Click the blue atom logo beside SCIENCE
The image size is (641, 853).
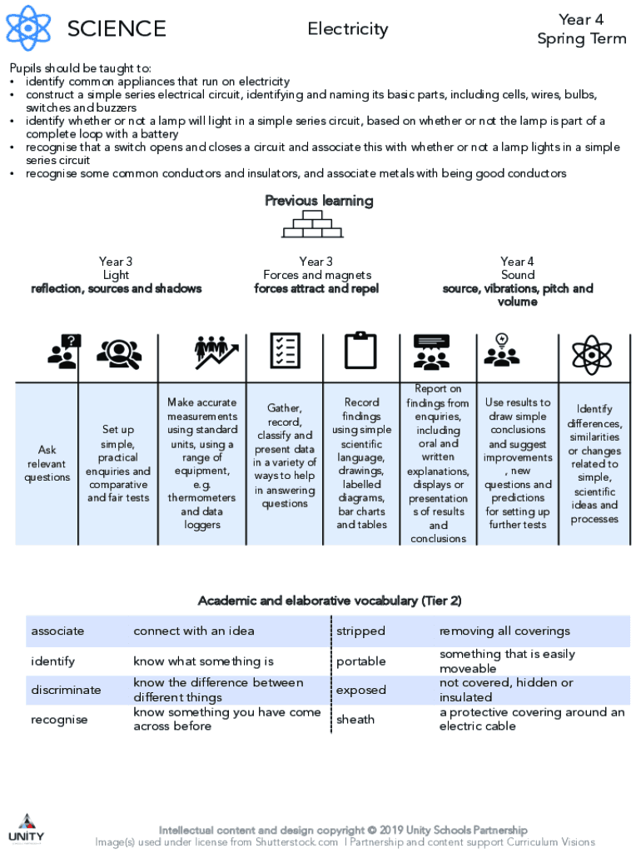[28, 27]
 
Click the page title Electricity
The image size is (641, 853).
[348, 28]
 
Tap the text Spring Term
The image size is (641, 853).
[582, 38]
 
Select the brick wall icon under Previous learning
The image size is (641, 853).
[313, 224]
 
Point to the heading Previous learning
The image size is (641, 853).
[319, 201]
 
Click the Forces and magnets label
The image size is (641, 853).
[317, 275]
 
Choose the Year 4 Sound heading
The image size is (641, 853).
[518, 268]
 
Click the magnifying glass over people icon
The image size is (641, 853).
[119, 353]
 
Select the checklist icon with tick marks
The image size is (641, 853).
[285, 351]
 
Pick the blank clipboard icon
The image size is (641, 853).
[360, 351]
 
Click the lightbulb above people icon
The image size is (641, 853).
[502, 349]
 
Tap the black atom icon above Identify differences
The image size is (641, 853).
[592, 355]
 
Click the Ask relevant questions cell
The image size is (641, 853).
[47, 463]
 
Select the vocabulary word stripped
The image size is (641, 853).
[360, 631]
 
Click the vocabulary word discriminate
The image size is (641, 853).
[66, 690]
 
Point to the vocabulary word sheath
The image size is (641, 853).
[355, 719]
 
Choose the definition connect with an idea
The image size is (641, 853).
[194, 631]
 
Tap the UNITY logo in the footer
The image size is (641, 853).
[27, 829]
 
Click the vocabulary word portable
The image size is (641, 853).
[361, 661]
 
